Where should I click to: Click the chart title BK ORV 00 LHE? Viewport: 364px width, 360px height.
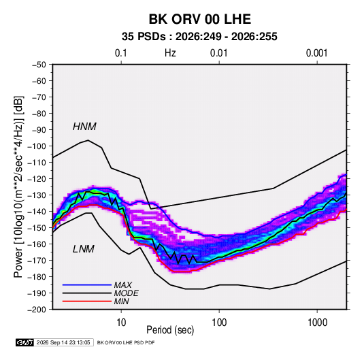pos(199,19)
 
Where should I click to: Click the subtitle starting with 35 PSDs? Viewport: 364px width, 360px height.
pos(199,37)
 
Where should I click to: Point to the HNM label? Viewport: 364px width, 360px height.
pos(84,127)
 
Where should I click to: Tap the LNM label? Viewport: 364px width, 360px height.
pos(84,249)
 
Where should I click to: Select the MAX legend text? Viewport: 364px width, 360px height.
pos(123,284)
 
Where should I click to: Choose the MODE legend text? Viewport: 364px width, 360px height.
pos(127,293)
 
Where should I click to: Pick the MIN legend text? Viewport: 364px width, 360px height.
pos(121,301)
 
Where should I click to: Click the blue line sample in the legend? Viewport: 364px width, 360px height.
pos(87,284)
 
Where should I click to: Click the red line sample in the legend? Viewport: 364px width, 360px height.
pos(87,301)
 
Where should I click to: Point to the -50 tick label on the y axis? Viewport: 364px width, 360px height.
pos(39,65)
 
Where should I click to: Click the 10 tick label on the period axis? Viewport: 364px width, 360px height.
pos(121,323)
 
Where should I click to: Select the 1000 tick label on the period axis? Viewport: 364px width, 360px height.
pos(317,323)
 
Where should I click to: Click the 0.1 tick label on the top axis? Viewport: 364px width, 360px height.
pos(121,53)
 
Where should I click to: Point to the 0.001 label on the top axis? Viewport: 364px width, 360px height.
pos(317,53)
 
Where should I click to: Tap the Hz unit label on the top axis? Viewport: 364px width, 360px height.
pos(170,53)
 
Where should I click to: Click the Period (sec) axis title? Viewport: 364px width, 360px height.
pos(170,330)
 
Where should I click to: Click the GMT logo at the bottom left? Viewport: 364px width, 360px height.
pos(25,342)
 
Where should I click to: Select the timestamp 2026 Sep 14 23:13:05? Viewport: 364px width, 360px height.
pos(63,342)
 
